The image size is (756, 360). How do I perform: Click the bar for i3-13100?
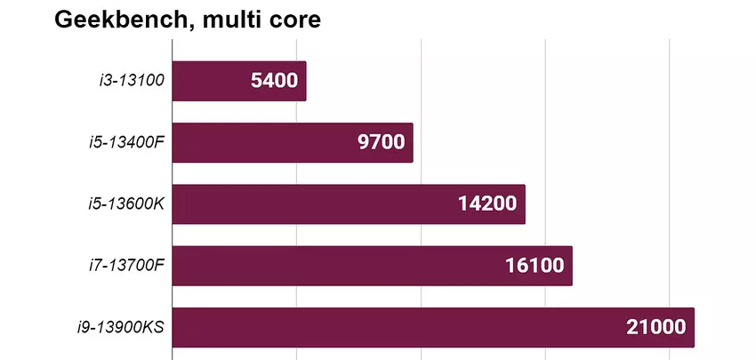pyautogui.click(x=213, y=81)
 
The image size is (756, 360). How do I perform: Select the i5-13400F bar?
pyautogui.click(x=267, y=142)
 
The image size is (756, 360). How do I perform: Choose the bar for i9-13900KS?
pyautogui.click(x=400, y=327)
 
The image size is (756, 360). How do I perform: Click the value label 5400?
pyautogui.click(x=275, y=81)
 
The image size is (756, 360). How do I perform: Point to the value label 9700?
pyautogui.click(x=382, y=142)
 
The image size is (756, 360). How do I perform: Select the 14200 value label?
pyautogui.click(x=487, y=204)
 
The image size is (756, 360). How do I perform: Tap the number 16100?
pyautogui.click(x=534, y=266)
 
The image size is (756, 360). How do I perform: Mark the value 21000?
pyautogui.click(x=655, y=327)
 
